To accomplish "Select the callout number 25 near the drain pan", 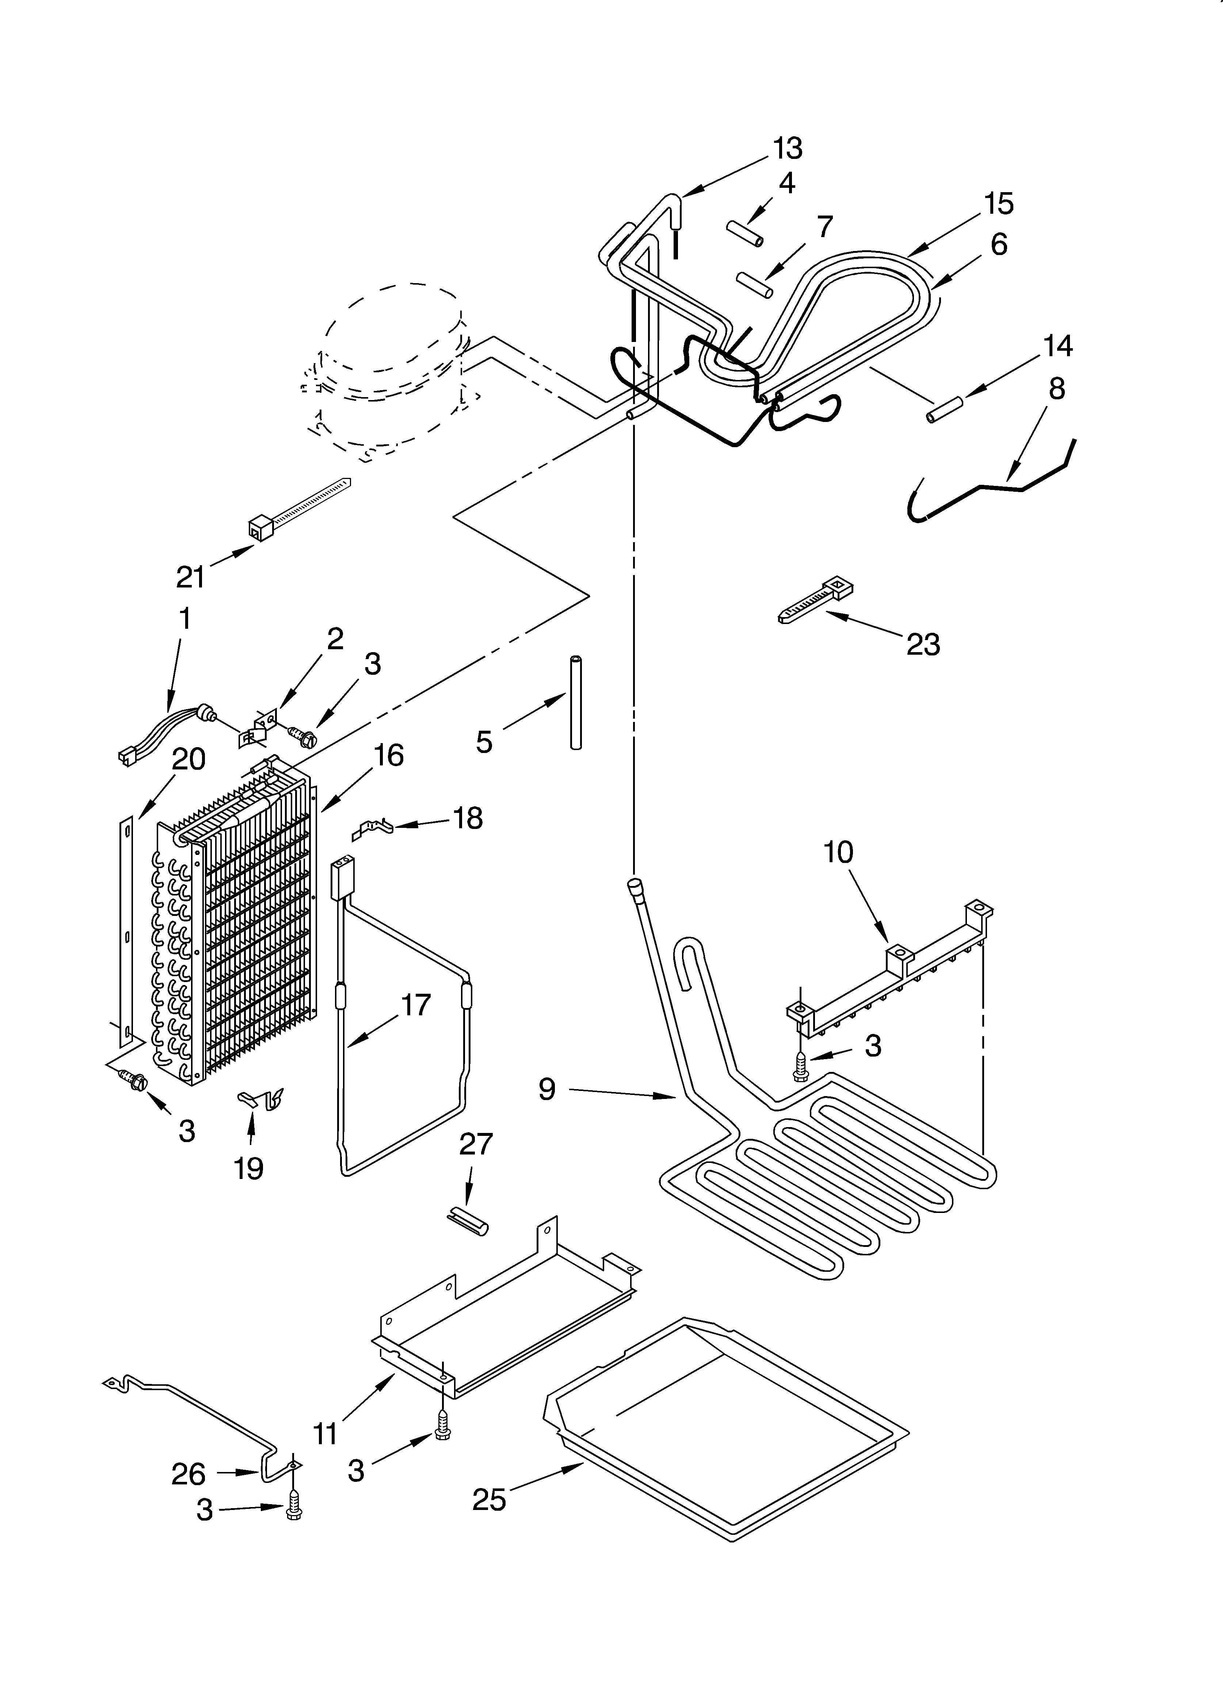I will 489,1499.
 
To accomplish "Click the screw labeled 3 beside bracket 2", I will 304,737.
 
